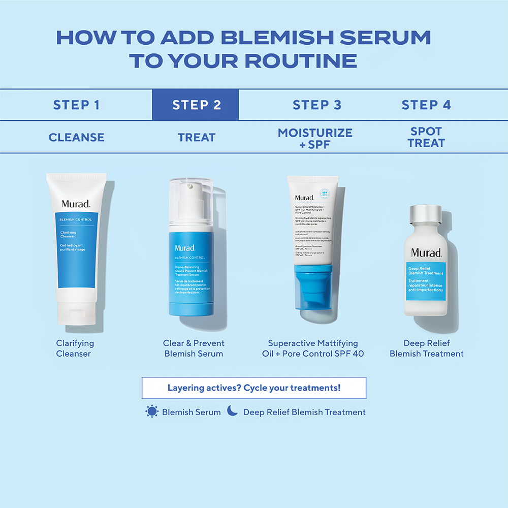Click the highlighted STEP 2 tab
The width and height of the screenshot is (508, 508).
(x=196, y=105)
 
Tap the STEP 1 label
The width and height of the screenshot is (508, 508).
(x=76, y=105)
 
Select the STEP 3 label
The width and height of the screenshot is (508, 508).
(x=316, y=105)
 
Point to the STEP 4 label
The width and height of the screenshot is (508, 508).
(x=426, y=105)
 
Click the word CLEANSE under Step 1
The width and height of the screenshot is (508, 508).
(x=76, y=137)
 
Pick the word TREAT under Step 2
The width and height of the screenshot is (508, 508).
(x=197, y=137)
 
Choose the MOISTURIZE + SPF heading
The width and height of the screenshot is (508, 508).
(x=315, y=138)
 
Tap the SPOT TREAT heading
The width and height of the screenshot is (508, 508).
(x=426, y=137)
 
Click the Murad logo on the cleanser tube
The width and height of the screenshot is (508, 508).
(x=76, y=204)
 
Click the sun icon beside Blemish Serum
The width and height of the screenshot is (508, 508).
(x=152, y=411)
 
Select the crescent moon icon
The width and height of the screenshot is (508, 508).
(x=232, y=410)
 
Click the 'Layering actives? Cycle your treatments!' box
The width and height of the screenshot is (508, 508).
(x=254, y=388)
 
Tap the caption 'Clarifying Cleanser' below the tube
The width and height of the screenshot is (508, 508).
(x=75, y=348)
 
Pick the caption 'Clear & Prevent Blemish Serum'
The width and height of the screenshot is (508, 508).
(x=194, y=348)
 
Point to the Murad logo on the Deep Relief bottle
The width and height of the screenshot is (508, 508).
(x=426, y=252)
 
